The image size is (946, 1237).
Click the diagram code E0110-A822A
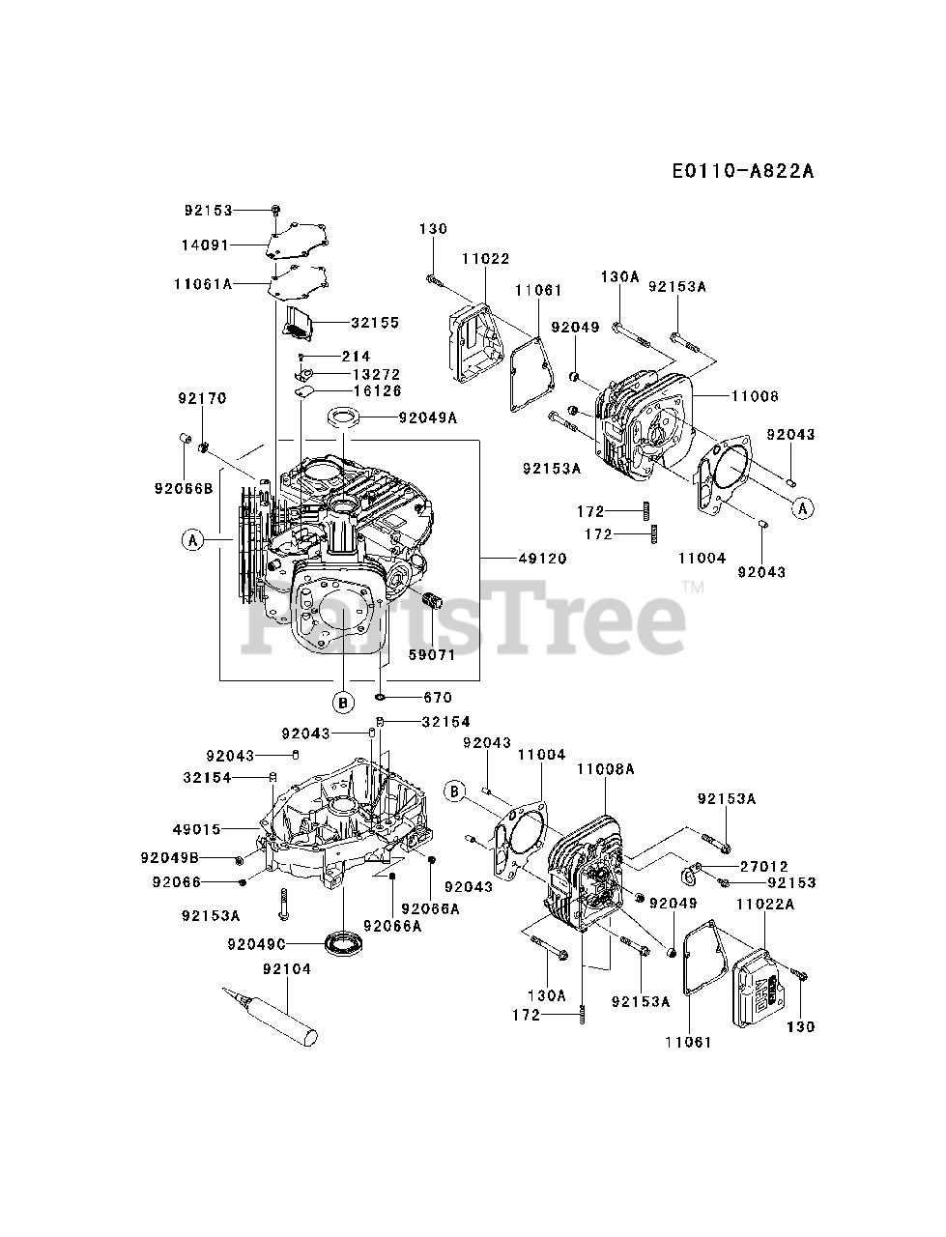point(743,171)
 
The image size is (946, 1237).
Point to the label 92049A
point(428,417)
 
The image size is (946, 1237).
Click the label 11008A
point(605,768)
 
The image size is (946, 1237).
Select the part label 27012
point(764,866)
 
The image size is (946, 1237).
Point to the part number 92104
point(287,968)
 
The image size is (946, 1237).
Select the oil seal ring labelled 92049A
point(344,417)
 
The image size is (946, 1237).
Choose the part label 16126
point(350,390)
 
